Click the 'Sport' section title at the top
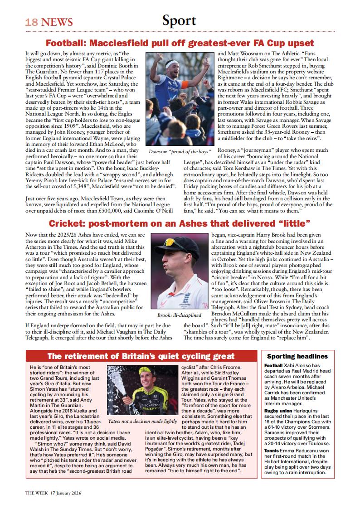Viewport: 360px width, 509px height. click(180, 20)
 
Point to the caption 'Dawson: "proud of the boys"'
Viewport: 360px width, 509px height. click(180, 151)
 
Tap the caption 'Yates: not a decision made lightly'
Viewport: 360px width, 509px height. click(142, 421)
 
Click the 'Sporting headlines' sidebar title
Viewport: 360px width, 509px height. click(298, 356)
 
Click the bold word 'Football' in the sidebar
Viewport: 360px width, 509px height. click(273, 365)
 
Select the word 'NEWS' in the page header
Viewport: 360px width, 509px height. click(57, 22)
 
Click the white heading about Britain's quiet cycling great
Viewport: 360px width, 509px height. click(141, 356)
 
